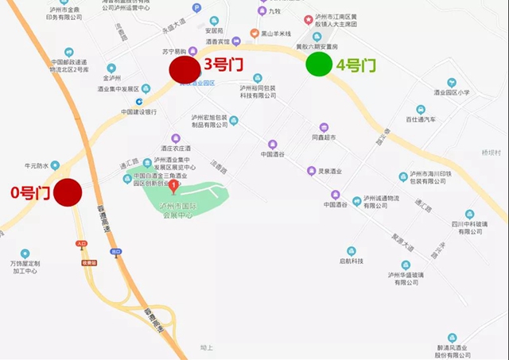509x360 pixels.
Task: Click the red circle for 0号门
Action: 68,192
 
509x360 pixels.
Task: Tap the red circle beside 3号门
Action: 184,68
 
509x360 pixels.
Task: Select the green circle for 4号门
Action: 320,64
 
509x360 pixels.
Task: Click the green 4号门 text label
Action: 356,65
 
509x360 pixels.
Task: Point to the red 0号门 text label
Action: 29,192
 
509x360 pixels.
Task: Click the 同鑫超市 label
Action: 332,138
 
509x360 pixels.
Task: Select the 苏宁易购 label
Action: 174,51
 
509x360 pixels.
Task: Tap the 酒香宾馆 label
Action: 216,41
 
